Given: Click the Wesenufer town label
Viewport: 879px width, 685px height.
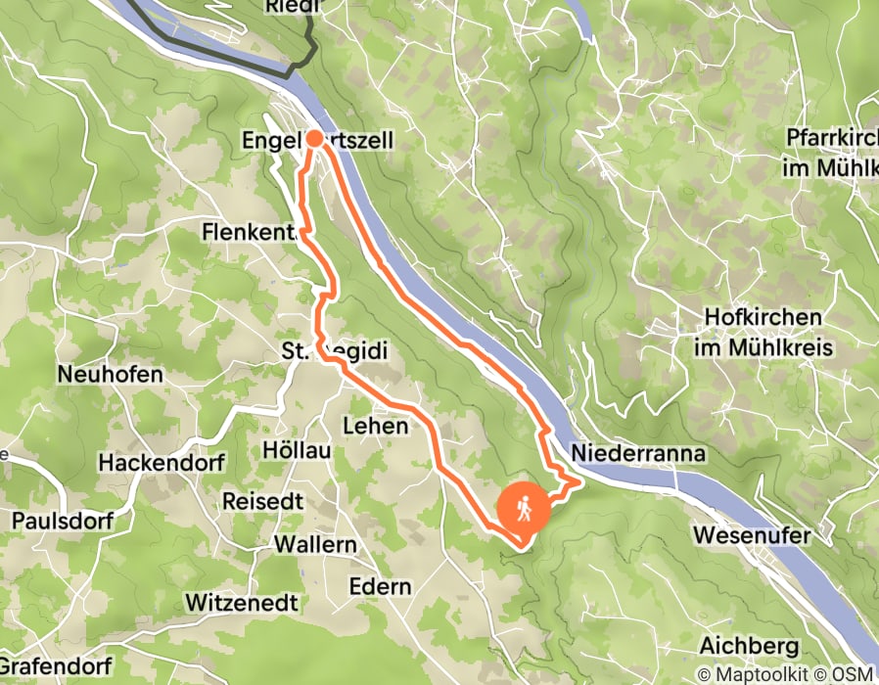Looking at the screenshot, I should (751, 535).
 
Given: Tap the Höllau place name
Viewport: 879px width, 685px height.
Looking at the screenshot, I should (298, 450).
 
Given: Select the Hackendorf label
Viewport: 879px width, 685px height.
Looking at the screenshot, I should (162, 462).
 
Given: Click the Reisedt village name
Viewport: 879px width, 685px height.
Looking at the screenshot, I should (262, 500).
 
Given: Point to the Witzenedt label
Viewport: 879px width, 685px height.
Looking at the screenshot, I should (241, 600).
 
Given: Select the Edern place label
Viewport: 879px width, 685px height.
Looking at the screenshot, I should (380, 586).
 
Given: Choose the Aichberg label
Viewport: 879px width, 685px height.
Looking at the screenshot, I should (750, 647).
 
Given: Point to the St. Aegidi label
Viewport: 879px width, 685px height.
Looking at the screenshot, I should (322, 350).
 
